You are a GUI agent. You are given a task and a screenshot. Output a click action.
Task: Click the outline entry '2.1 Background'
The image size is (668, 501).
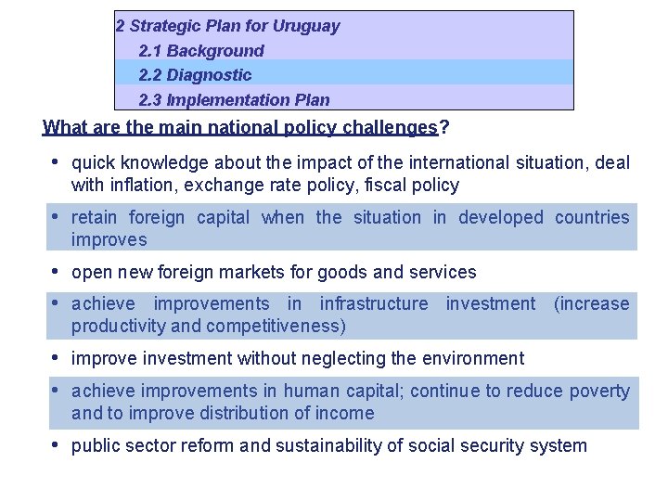[200, 51]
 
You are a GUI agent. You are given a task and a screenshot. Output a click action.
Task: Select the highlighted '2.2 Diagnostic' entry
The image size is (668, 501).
[195, 75]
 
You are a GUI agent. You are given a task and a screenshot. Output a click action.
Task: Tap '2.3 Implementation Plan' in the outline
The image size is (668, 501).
[234, 99]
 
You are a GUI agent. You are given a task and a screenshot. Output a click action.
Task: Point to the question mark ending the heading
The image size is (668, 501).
[444, 127]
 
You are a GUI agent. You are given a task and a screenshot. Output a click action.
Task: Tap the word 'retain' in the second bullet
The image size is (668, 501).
[95, 217]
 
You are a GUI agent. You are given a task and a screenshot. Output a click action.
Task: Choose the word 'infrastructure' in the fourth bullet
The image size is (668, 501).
[374, 303]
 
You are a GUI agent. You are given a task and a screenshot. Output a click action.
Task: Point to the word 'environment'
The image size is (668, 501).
[473, 358]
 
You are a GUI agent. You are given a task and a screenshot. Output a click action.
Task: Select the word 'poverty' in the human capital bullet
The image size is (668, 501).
[599, 391]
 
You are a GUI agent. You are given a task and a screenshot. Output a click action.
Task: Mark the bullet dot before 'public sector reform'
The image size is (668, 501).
[57, 444]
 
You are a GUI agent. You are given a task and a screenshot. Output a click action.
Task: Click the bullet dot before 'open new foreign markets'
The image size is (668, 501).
[57, 271]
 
